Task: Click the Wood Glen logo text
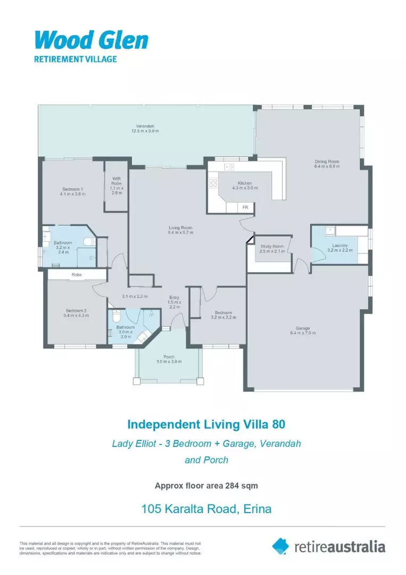tap(91, 40)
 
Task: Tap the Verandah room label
tap(145, 128)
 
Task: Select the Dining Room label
tap(327, 164)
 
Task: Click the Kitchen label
tap(245, 185)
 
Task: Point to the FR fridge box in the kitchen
tap(245, 207)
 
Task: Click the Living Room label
tap(180, 229)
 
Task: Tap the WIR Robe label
tap(117, 185)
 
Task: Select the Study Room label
tap(272, 249)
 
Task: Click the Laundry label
tap(339, 248)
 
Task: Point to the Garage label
tap(303, 330)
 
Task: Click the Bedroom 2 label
tap(77, 313)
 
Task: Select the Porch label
tap(169, 359)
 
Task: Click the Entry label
tap(174, 302)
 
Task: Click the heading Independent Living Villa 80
tap(206, 424)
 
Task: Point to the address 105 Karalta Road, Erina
tap(206, 508)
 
